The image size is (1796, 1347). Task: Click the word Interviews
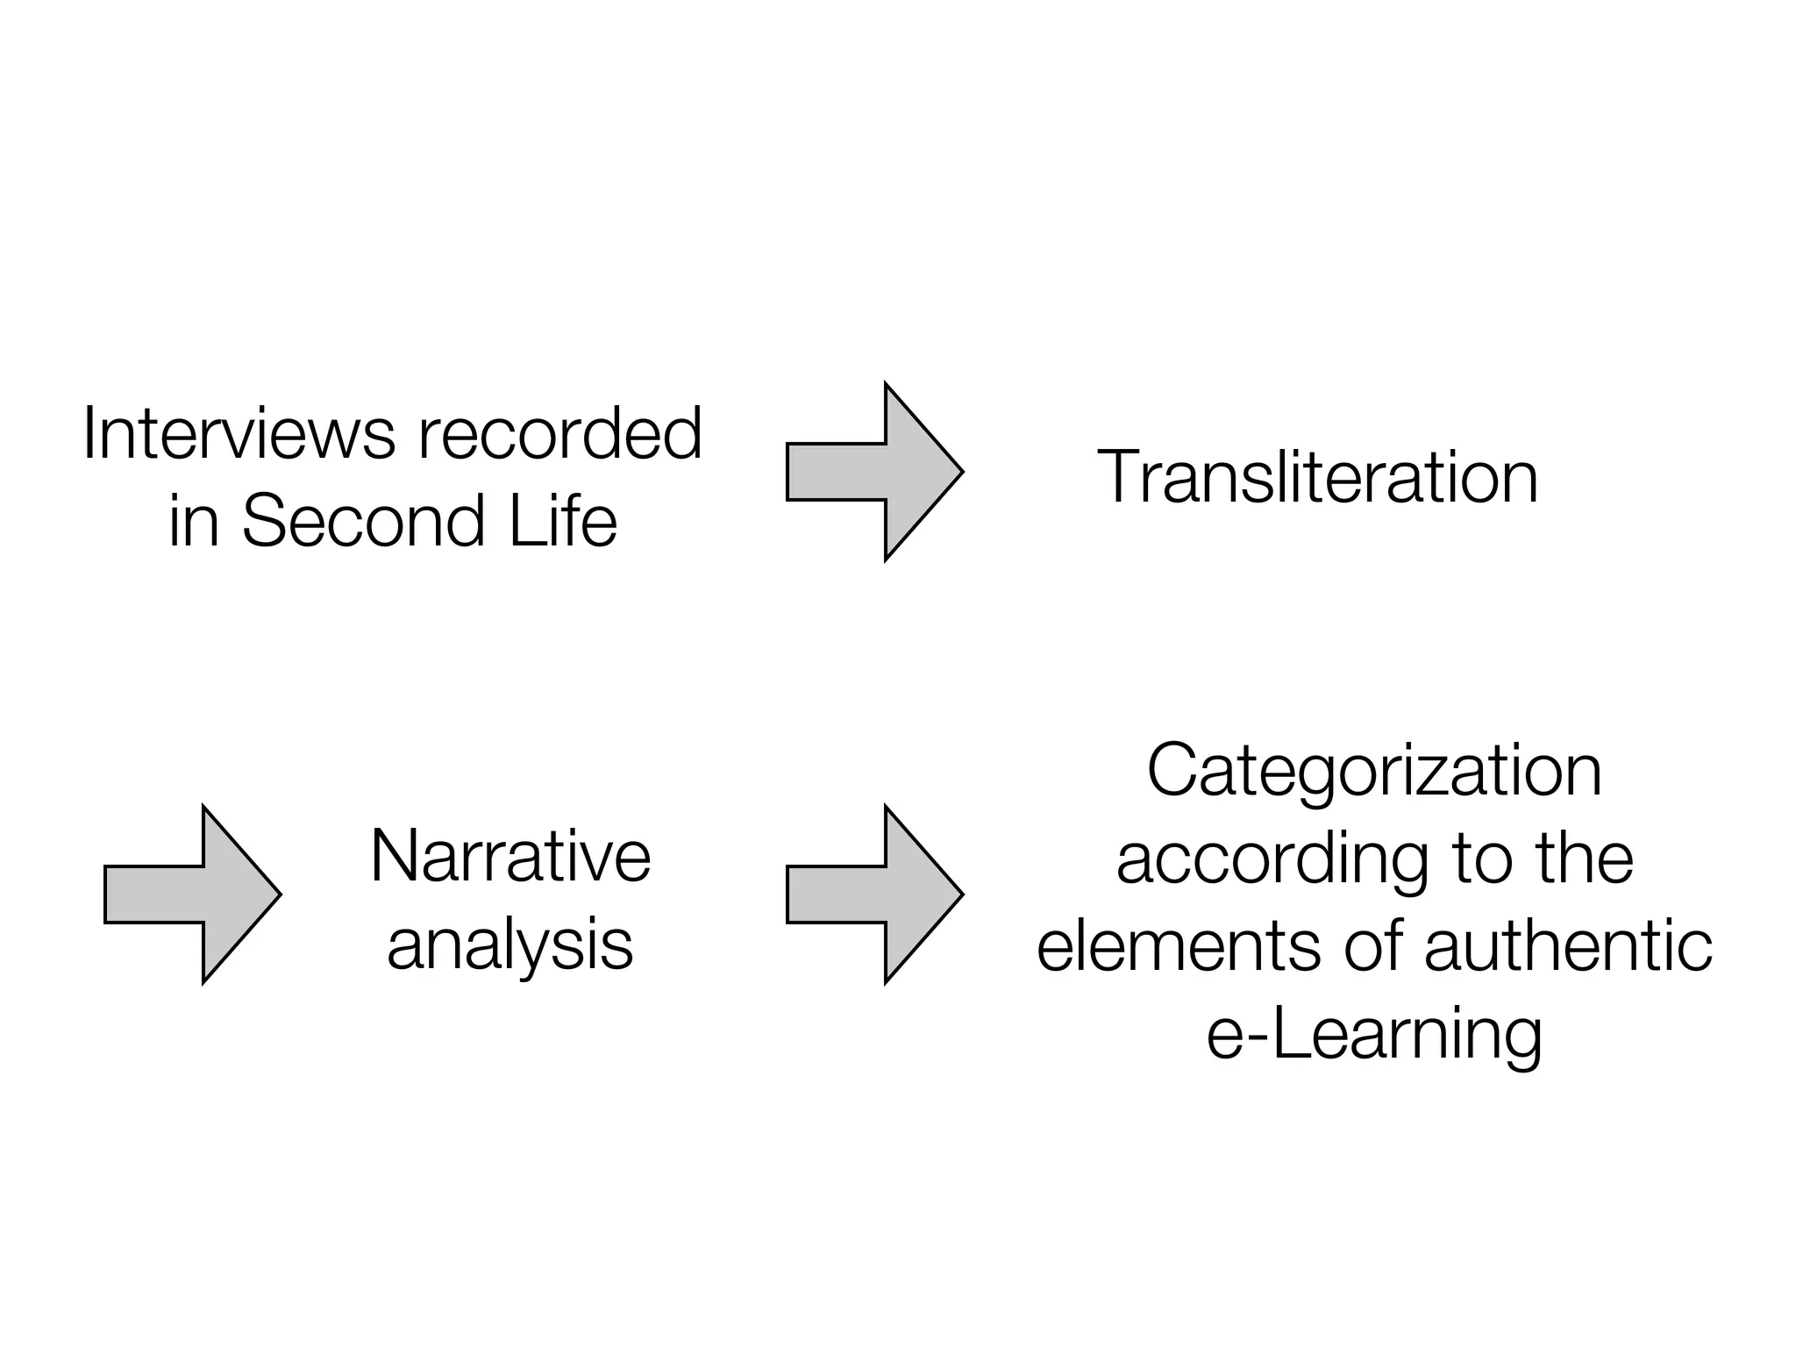point(239,433)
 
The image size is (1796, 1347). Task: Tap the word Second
point(363,521)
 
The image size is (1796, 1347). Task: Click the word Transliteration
point(1317,477)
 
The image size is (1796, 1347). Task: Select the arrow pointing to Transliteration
point(875,472)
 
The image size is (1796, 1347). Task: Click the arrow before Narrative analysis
point(193,894)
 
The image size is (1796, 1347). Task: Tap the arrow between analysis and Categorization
point(875,894)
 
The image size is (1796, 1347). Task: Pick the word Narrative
point(510,856)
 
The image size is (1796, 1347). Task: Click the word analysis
point(510,945)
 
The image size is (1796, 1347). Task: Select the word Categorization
point(1374,770)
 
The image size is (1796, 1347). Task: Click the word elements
point(1178,947)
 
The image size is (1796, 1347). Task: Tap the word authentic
point(1568,947)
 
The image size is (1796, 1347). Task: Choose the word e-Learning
point(1374,1035)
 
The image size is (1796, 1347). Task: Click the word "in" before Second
point(193,521)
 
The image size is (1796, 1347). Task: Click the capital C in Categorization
point(1172,770)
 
